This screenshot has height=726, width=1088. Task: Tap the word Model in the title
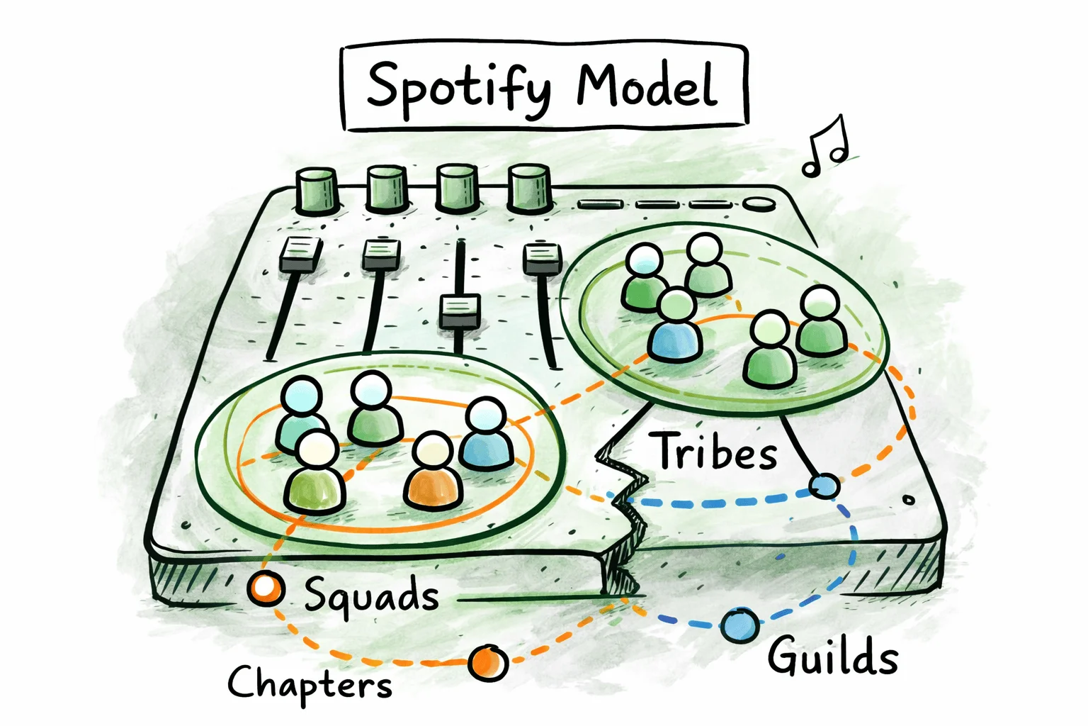[646, 86]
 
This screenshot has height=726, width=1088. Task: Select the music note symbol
[824, 146]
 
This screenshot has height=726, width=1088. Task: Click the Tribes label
[716, 451]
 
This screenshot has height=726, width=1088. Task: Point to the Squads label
[371, 596]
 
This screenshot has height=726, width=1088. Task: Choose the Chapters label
[310, 683]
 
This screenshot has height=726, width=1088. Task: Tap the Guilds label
[832, 656]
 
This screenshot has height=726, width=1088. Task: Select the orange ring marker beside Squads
[266, 588]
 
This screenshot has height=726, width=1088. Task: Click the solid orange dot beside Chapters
[487, 663]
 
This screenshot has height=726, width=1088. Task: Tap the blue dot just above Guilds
[740, 625]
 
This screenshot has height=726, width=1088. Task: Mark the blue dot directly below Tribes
[824, 486]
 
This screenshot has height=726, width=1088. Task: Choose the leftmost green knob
[316, 190]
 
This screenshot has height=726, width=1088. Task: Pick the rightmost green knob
[529, 188]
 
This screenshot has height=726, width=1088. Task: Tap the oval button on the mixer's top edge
[759, 204]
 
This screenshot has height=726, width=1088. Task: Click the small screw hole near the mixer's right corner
[908, 500]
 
